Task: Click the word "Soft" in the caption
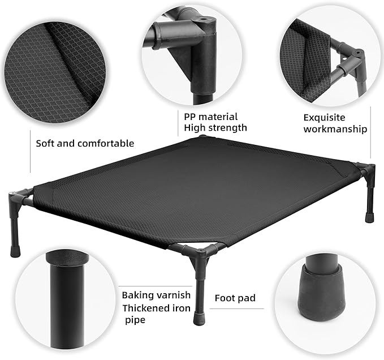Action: point(46,143)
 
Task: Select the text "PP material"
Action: point(210,116)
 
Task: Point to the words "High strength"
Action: point(215,128)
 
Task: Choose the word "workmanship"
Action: point(335,129)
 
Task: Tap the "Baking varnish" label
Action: point(156,295)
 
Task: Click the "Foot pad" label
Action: point(235,298)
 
